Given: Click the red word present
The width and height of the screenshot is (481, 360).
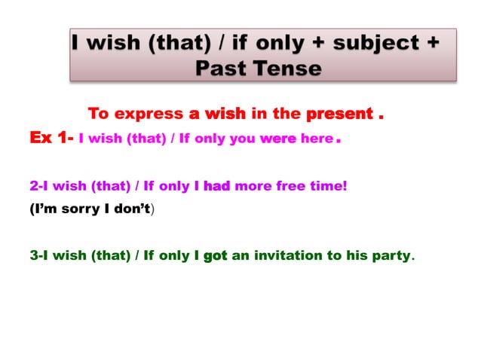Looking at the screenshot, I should coord(339,114).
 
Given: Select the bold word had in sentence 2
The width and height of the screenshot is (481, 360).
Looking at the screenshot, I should coord(216,185).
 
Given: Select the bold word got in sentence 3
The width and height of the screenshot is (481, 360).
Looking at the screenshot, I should coord(215,255).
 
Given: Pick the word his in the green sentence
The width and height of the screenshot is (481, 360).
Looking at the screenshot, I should coord(357,255).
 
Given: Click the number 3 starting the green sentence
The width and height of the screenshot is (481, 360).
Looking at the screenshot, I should coord(33,255).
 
